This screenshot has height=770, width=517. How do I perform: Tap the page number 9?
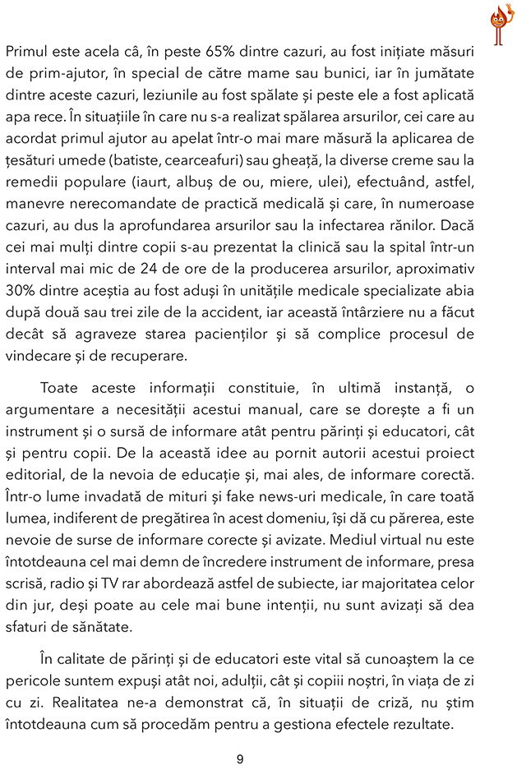point(240,758)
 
